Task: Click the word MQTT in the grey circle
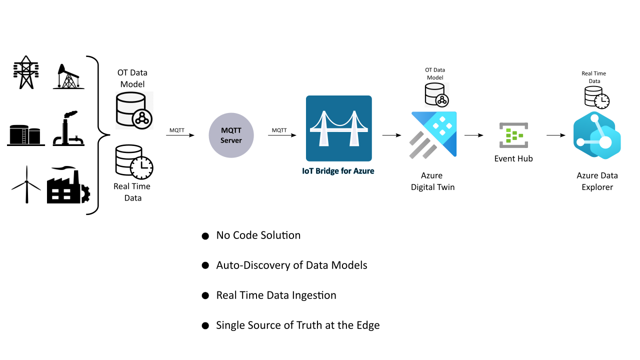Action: pyautogui.click(x=231, y=130)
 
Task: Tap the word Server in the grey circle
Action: pyautogui.click(x=231, y=140)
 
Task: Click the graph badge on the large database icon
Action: pyautogui.click(x=142, y=118)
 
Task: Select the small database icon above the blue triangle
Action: pyautogui.click(x=437, y=95)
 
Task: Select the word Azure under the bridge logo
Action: pyautogui.click(x=363, y=171)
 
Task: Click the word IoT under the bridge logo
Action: pyautogui.click(x=307, y=171)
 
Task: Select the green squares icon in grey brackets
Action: pyautogui.click(x=513, y=135)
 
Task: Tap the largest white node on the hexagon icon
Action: pyautogui.click(x=605, y=142)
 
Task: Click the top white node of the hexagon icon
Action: pyautogui.click(x=594, y=118)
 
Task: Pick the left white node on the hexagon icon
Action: pyautogui.click(x=580, y=142)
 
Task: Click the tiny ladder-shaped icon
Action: pyautogui.click(x=24, y=136)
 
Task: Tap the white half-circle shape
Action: pyautogui.click(x=82, y=194)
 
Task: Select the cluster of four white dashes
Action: pyautogui.click(x=61, y=194)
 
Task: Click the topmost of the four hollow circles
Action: pyautogui.click(x=205, y=236)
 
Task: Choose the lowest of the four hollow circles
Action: pyautogui.click(x=205, y=325)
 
